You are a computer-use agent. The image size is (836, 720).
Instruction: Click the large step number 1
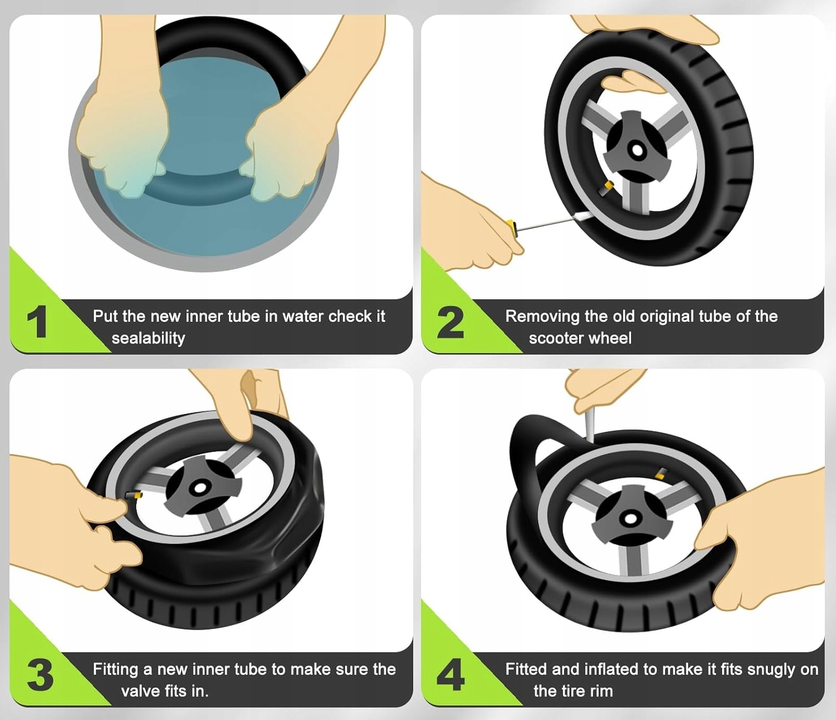pos(37,322)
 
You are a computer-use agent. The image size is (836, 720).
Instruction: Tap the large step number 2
pos(450,322)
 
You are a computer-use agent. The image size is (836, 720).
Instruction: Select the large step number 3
pos(40,676)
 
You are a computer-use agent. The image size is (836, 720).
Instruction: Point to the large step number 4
pos(451,675)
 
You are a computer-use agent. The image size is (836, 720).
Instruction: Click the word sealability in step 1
pos(148,338)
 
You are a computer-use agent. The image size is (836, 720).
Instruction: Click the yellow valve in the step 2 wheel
pos(608,187)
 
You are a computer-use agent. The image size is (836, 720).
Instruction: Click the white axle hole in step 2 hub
pos(637,151)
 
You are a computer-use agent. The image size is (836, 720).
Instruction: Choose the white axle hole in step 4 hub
pos(629,518)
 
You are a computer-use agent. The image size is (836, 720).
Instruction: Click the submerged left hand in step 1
pos(121,141)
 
